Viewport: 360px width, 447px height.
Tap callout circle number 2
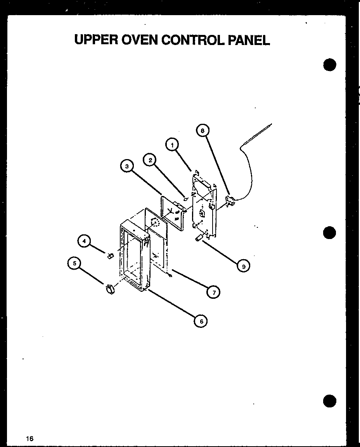(x=150, y=159)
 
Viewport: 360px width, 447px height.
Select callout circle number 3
(x=126, y=166)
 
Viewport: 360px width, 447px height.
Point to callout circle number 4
(x=84, y=241)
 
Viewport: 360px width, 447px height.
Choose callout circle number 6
(x=201, y=321)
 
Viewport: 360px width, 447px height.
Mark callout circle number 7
(x=213, y=292)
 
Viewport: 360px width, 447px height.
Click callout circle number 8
(x=202, y=131)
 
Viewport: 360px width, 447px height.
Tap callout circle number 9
(x=243, y=265)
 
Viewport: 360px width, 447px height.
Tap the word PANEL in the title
(x=250, y=40)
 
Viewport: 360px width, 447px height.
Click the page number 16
(x=30, y=438)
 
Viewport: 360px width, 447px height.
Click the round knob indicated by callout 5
(x=109, y=289)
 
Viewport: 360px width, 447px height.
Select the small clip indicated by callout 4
(x=110, y=255)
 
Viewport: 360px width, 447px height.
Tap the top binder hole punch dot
(x=329, y=65)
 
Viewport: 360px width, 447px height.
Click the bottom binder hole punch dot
(x=329, y=402)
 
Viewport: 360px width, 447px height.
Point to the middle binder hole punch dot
(x=329, y=233)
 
